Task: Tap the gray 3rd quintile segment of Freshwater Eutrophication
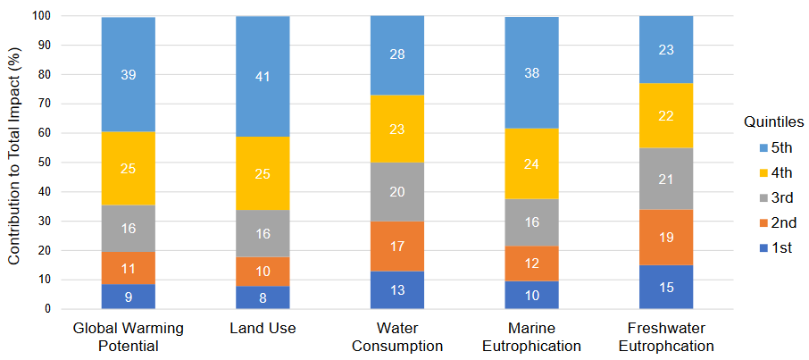coord(666,179)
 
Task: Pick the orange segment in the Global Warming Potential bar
coord(129,267)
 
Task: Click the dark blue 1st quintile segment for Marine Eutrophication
coord(531,295)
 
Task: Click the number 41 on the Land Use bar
coord(263,77)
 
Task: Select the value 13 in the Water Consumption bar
coord(396,290)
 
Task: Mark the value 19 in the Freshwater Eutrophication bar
coord(666,238)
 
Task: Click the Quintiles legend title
coord(774,121)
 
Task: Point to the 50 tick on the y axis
coord(44,163)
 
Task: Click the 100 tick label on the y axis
coord(41,16)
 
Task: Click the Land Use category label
coord(263,329)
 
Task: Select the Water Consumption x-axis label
coord(396,337)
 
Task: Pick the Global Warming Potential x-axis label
coord(129,337)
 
